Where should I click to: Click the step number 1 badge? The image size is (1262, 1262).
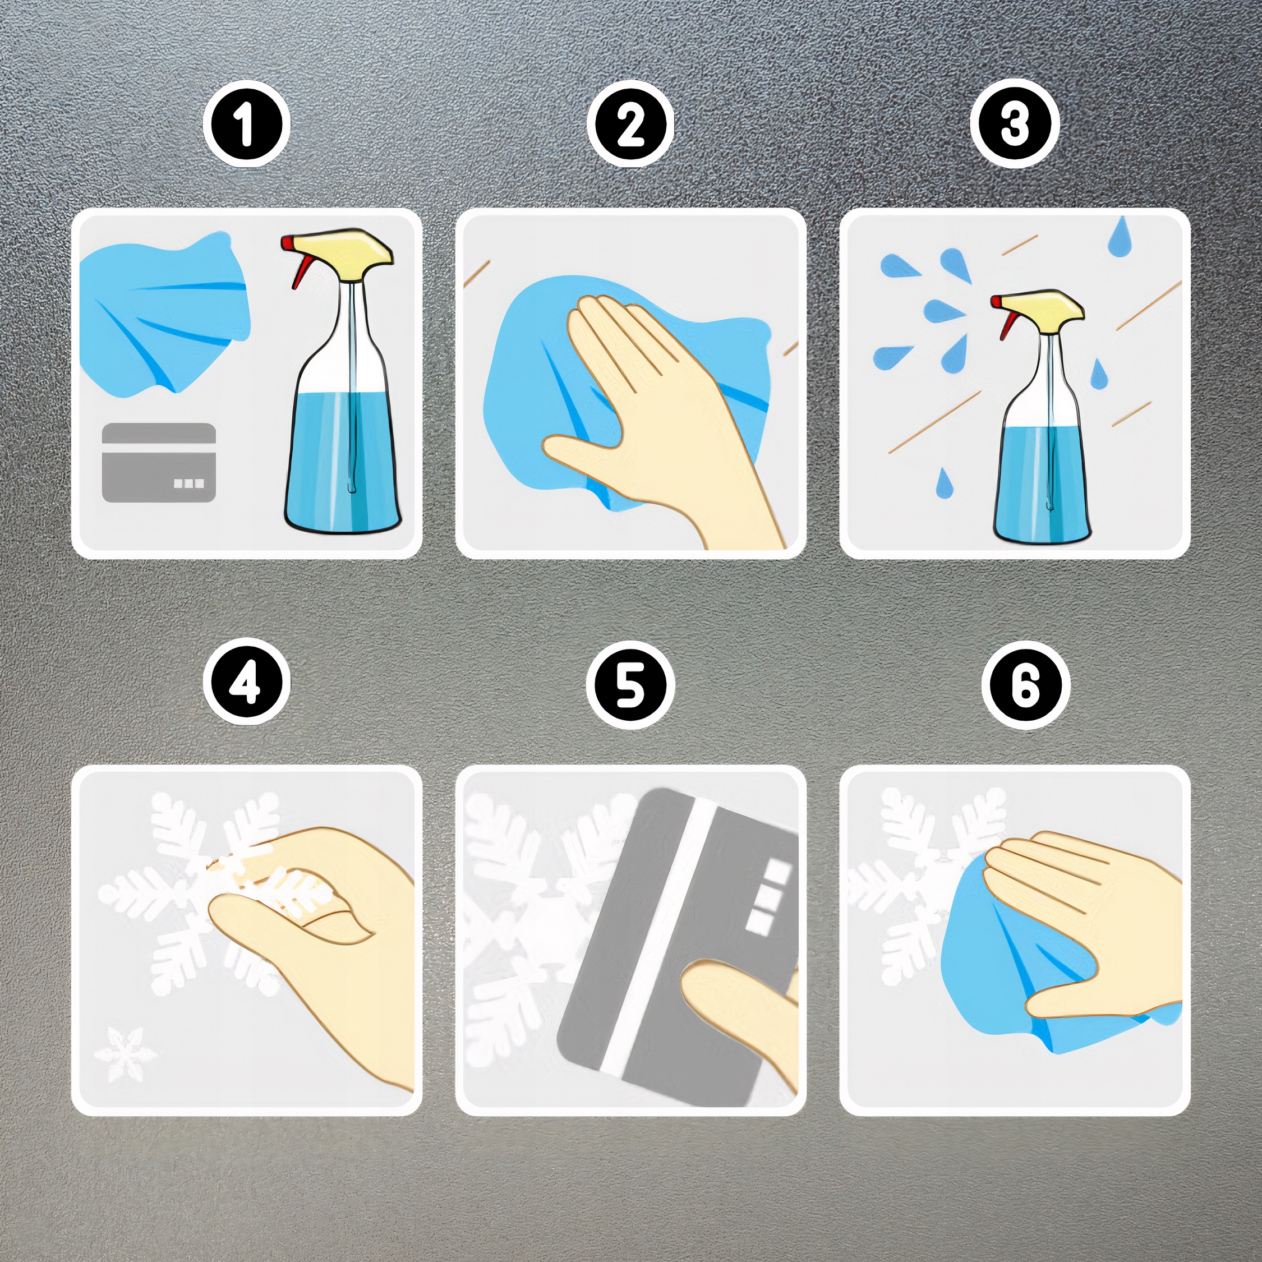[246, 124]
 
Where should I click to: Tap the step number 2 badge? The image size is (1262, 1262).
[630, 124]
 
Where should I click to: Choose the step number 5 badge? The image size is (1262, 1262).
[630, 684]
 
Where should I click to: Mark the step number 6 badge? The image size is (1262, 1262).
[1025, 684]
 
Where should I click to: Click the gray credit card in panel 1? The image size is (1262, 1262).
[159, 463]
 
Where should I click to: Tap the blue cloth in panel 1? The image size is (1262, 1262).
[163, 310]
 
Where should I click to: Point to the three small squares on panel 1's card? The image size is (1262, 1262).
[189, 483]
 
